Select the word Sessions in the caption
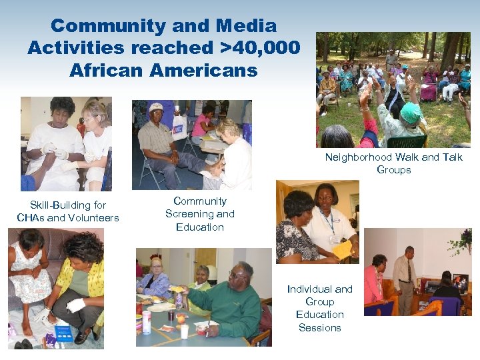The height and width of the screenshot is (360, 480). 319,327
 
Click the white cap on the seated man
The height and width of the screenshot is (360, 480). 156,107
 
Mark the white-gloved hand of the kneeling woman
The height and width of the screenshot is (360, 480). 75,305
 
